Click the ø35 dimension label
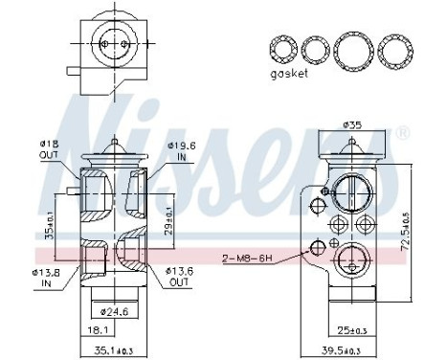coord(352,124)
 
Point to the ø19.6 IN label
coord(183,151)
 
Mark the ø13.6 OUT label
coord(183,277)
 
